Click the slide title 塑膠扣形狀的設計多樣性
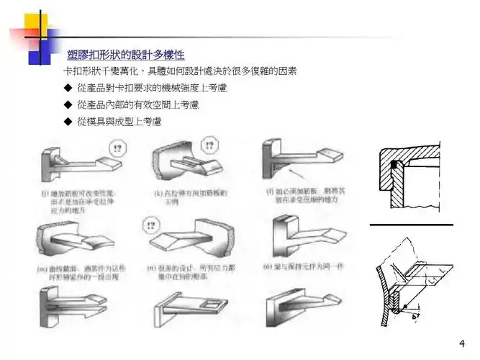tap(125, 55)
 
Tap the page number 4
tap(461, 343)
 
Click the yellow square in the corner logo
tap(35, 24)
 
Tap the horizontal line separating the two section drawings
tap(411, 225)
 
